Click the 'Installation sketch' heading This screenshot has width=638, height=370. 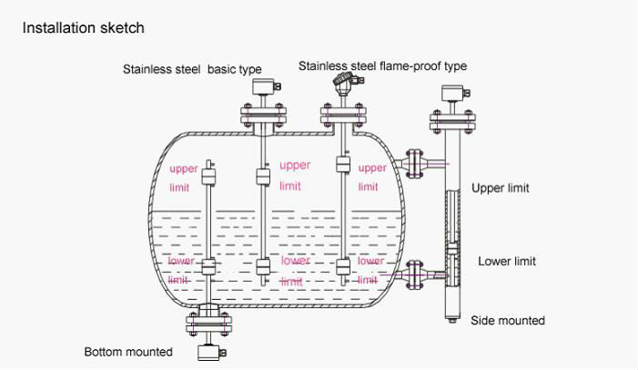click(83, 28)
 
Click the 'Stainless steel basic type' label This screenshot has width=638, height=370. click(192, 69)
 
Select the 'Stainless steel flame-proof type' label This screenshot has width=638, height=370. click(382, 66)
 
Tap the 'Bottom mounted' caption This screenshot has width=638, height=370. click(128, 352)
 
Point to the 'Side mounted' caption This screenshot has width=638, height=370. click(508, 320)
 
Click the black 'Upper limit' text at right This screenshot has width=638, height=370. click(500, 188)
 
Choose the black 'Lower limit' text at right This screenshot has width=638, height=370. click(507, 261)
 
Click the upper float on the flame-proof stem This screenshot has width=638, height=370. click(343, 165)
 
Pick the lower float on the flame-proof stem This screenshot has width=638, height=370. click(343, 267)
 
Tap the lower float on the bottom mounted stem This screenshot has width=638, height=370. click(209, 267)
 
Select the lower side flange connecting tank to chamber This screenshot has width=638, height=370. click(414, 272)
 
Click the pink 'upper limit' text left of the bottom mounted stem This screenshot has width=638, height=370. click(183, 178)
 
